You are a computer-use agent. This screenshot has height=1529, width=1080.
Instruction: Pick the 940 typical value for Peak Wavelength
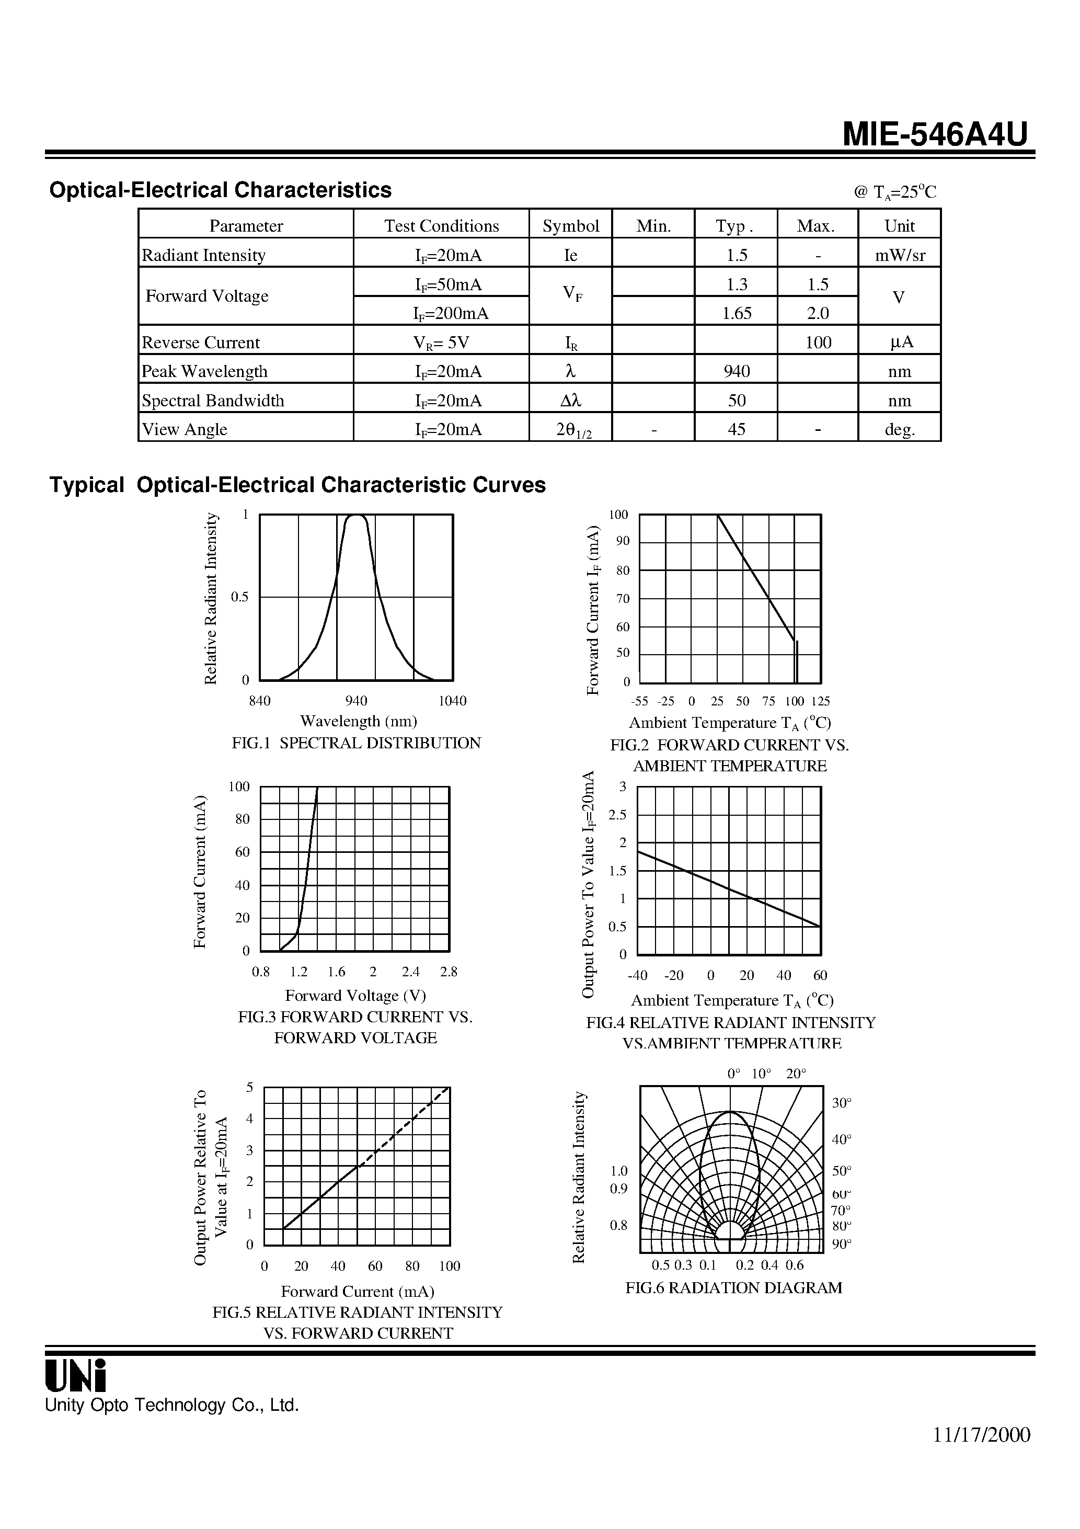[737, 371]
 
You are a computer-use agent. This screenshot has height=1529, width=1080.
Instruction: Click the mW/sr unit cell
[900, 255]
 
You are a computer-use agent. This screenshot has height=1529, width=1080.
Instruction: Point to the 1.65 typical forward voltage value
[737, 313]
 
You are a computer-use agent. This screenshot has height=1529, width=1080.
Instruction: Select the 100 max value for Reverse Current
[818, 343]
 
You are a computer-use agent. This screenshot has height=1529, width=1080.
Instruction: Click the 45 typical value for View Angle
[737, 429]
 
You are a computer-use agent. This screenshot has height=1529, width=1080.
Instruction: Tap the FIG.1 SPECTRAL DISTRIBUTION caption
[355, 743]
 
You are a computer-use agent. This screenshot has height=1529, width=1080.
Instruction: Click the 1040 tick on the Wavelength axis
[452, 701]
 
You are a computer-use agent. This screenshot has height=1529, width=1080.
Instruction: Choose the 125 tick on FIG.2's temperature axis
[820, 701]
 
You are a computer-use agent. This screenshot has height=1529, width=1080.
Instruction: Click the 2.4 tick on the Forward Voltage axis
[411, 972]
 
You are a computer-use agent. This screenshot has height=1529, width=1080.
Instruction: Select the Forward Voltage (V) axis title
[355, 996]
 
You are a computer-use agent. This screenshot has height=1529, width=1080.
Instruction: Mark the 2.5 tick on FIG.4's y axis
[617, 815]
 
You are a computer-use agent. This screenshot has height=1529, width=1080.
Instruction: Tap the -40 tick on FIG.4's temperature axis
[637, 976]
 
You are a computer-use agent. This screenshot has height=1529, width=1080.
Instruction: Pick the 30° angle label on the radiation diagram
[842, 1103]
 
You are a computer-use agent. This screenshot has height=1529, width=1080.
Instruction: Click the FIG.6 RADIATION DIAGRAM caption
[733, 1288]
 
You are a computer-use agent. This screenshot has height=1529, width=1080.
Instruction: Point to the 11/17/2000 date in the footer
[981, 1434]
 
